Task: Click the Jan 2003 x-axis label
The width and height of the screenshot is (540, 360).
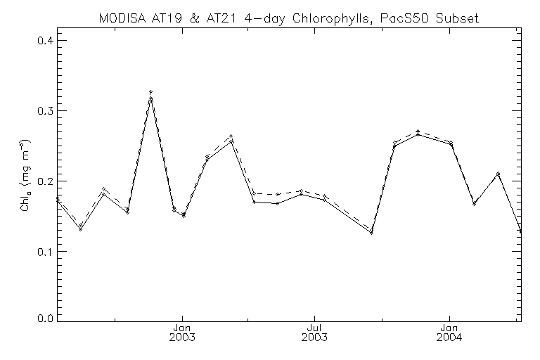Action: [x=182, y=332]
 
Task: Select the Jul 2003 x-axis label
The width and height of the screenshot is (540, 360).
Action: [x=315, y=332]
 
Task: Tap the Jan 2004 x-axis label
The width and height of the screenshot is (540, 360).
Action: [x=449, y=332]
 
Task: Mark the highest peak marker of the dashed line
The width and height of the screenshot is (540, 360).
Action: [x=150, y=92]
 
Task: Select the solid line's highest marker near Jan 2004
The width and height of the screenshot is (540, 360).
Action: [x=418, y=134]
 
